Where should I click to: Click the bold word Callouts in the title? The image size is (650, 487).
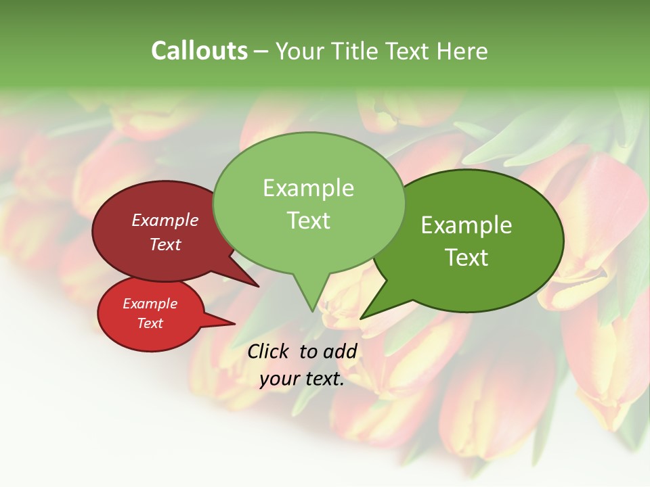[x=199, y=51]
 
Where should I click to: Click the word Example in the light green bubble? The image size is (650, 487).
[x=308, y=188]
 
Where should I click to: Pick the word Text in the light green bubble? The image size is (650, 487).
[x=308, y=221]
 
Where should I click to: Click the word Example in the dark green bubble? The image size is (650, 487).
[x=467, y=225]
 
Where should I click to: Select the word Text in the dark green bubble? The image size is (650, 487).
[x=467, y=258]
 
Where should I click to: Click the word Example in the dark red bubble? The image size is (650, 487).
[x=165, y=220]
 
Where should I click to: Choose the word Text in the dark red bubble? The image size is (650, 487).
[x=165, y=244]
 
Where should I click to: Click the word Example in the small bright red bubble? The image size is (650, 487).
[x=150, y=304]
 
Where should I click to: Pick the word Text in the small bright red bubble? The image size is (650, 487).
[x=150, y=323]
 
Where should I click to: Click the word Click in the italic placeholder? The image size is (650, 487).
[x=269, y=351]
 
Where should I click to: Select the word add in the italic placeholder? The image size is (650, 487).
[x=340, y=351]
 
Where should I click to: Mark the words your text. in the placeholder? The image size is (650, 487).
[x=302, y=379]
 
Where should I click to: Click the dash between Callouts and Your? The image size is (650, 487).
[x=261, y=51]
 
